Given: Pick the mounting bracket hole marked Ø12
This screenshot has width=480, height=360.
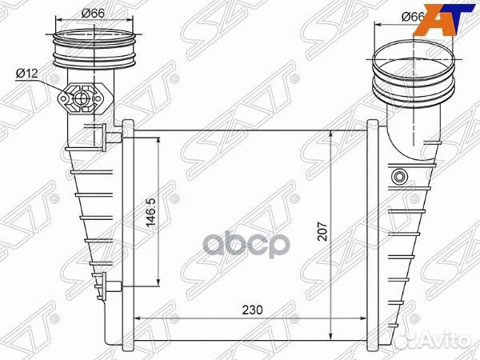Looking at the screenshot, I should point(80,100).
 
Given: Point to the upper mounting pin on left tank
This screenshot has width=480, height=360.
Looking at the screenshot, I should point(106,135).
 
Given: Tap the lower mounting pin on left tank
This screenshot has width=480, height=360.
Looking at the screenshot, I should point(106,283).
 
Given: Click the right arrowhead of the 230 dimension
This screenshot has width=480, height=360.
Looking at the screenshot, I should point(366,318).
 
